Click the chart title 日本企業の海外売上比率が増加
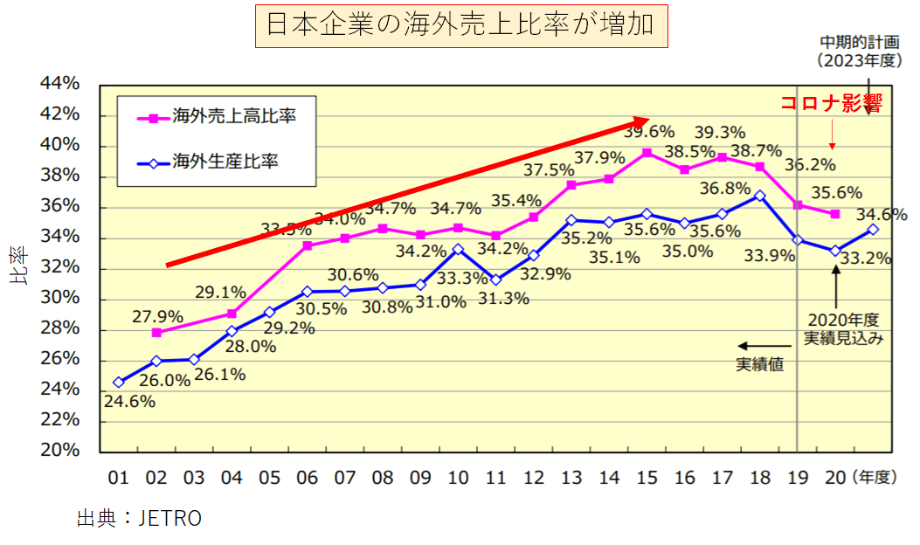point(460,26)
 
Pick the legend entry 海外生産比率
point(225,162)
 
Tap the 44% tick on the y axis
point(60,84)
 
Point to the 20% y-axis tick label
point(60,451)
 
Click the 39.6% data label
point(648,132)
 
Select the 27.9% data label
point(158,314)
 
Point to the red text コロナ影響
point(830,103)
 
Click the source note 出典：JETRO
point(140,518)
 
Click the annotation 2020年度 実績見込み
point(837,328)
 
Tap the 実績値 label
point(759,363)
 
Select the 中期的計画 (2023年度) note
point(858,52)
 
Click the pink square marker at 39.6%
point(647,153)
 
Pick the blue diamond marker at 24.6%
point(119,382)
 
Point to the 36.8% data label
point(724,188)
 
